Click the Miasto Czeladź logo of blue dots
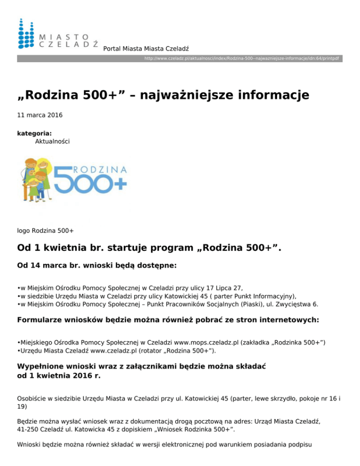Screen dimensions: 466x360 26,34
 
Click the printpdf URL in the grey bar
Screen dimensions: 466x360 241,59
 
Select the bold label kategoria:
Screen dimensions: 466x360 34,134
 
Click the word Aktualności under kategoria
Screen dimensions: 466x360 52,141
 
